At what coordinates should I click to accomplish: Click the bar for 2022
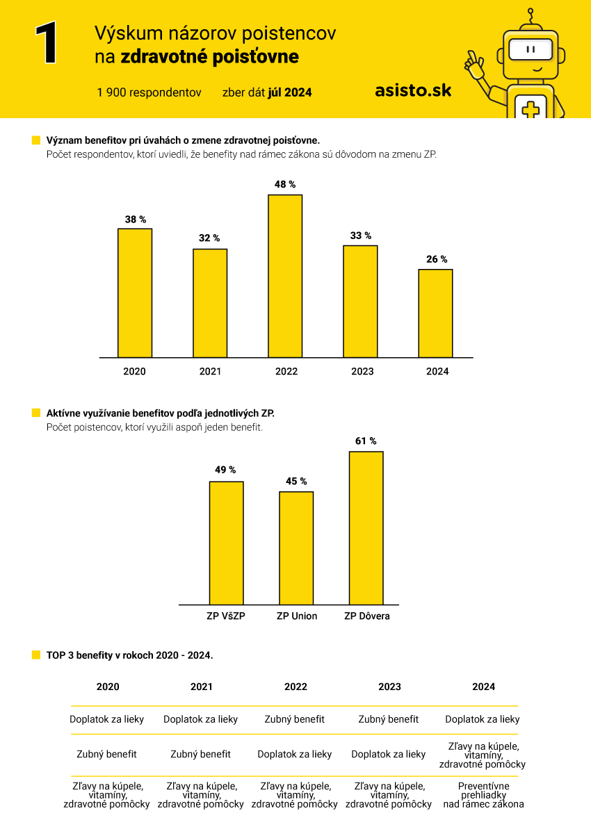(x=285, y=276)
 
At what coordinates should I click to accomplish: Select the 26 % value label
(x=437, y=259)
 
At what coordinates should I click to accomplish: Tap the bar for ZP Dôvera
(x=366, y=528)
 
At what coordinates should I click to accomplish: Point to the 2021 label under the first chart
(x=210, y=371)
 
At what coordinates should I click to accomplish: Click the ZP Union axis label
(x=297, y=616)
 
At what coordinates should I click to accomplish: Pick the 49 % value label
(x=225, y=470)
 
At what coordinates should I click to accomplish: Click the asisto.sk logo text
(x=413, y=91)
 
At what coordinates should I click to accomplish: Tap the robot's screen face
(x=531, y=49)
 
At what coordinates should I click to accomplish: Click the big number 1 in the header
(x=47, y=42)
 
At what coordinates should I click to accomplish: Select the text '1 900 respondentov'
(x=149, y=92)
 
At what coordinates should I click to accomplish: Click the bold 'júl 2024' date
(x=290, y=92)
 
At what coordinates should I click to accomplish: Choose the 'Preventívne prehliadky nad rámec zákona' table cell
(x=483, y=794)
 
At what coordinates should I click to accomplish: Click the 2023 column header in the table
(x=389, y=687)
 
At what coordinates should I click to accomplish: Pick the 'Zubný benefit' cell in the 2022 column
(x=295, y=719)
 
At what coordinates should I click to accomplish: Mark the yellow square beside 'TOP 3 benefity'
(x=36, y=655)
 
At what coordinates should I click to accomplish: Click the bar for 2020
(x=135, y=293)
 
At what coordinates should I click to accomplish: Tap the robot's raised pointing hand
(x=474, y=64)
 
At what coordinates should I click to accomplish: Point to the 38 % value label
(x=135, y=220)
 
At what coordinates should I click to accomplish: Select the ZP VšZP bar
(x=226, y=543)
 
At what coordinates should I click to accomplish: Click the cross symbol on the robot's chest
(x=531, y=110)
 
